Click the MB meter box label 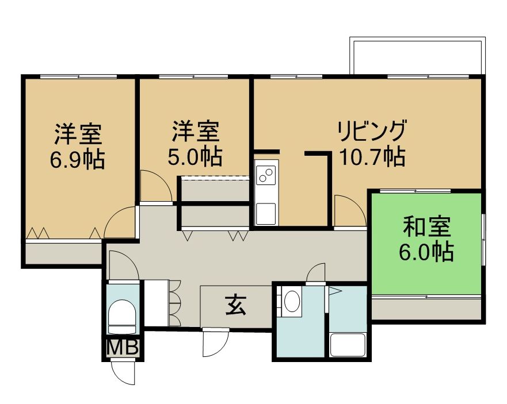[123, 348]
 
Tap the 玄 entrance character [236, 305]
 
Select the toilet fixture [121, 317]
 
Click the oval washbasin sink [292, 301]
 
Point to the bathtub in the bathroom [348, 345]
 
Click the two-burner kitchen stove [266, 175]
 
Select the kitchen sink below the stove [266, 213]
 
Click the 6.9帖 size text [77, 160]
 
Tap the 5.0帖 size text [195, 157]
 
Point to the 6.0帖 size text [426, 252]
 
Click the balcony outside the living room [417, 56]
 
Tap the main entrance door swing [216, 343]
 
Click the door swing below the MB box [123, 372]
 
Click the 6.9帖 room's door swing [120, 222]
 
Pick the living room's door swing [350, 210]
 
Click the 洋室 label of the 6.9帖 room [78, 134]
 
